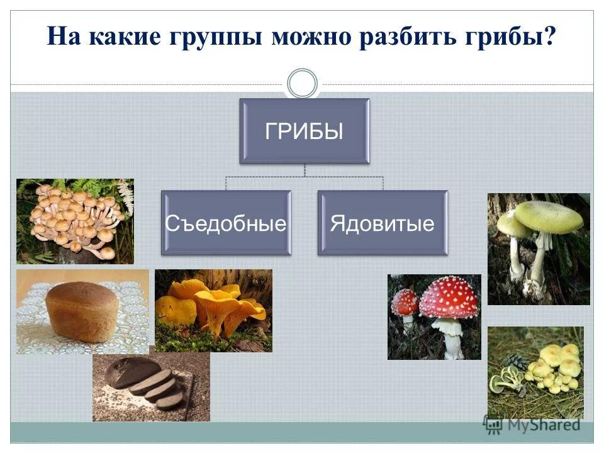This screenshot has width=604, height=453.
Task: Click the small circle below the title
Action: (x=302, y=84)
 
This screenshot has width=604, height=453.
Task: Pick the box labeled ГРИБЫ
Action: (x=304, y=131)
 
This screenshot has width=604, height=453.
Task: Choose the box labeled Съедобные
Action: (x=226, y=223)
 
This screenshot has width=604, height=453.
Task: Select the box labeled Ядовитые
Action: (x=383, y=223)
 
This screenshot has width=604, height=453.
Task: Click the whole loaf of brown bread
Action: (x=82, y=311)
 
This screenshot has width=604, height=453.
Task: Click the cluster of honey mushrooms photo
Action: (x=75, y=221)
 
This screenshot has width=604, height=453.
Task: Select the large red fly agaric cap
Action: (x=449, y=297)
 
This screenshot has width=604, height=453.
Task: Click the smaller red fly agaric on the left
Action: (x=405, y=303)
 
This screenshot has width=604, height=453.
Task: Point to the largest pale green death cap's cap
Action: (x=548, y=216)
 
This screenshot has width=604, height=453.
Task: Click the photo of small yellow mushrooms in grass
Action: (x=535, y=371)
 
